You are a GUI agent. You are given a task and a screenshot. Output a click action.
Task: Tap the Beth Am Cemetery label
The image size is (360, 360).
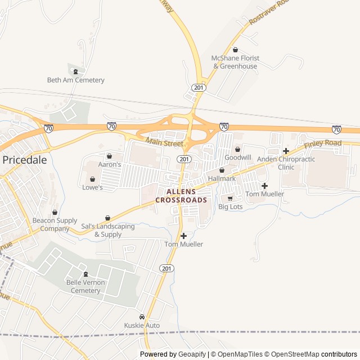click(x=75, y=80)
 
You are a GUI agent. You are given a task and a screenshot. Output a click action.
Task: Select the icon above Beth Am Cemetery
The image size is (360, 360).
click(x=75, y=71)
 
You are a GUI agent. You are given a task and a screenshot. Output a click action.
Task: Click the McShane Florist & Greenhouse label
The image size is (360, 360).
click(x=235, y=62)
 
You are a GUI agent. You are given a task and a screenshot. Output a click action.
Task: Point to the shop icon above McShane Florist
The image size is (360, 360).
click(x=235, y=50)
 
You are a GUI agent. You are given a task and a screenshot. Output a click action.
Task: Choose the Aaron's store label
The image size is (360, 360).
click(x=110, y=164)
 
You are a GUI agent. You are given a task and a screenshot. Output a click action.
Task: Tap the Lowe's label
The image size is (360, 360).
click(x=93, y=187)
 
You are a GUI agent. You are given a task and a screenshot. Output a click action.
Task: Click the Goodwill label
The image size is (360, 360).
click(x=238, y=157)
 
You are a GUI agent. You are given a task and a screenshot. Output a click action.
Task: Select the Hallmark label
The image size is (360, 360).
click(x=222, y=178)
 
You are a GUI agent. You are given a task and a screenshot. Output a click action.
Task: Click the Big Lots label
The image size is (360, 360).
click(x=230, y=207)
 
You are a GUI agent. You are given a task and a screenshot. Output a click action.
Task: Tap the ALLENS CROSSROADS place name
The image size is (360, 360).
click(x=181, y=196)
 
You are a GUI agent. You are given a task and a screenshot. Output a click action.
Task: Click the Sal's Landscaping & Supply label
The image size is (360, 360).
click(x=107, y=230)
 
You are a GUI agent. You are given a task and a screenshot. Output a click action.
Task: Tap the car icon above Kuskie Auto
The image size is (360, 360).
click(x=142, y=317)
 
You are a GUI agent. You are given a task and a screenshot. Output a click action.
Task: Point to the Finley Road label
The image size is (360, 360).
click(x=323, y=144)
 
